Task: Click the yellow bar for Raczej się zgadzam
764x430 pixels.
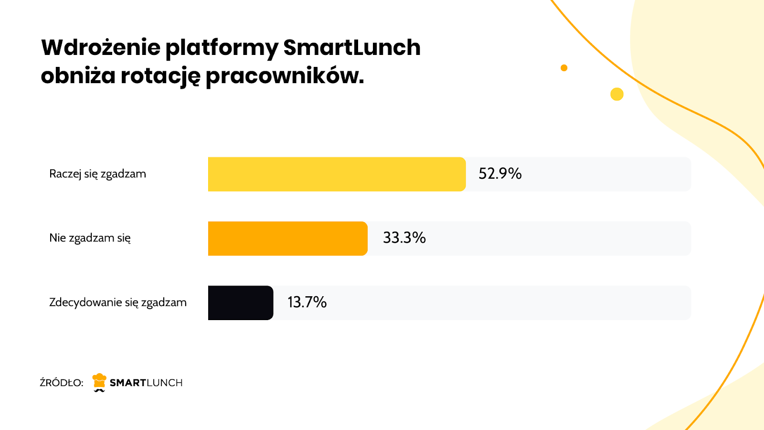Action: point(337,174)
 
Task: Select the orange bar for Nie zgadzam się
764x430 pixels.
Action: point(287,238)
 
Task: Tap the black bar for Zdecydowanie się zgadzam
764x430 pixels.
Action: point(240,303)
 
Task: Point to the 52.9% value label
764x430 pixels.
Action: point(500,173)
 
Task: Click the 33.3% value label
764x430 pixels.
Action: point(404,238)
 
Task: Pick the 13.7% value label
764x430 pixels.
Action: point(307,302)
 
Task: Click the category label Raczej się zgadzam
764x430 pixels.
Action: point(97,174)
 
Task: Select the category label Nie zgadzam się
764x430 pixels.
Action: point(90,238)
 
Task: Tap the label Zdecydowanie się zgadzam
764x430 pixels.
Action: point(118,302)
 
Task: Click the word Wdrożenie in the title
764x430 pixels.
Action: point(101,47)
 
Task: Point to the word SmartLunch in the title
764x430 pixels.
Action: point(352,47)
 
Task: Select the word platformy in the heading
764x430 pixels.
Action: point(222,48)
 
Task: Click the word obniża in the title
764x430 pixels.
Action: point(78,75)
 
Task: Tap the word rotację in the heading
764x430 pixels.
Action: point(160,76)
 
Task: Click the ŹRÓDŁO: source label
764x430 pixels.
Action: point(61,383)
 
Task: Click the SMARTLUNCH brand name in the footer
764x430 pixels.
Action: point(146,383)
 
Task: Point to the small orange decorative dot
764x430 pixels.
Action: point(564,68)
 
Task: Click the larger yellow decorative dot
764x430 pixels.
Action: point(617,94)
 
